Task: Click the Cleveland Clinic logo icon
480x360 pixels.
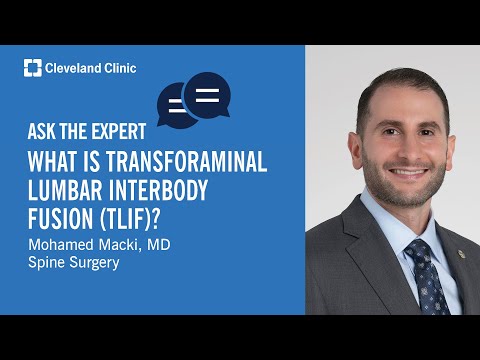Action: point(32,68)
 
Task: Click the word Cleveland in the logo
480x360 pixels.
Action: point(74,68)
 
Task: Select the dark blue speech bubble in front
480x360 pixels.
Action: point(207,95)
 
